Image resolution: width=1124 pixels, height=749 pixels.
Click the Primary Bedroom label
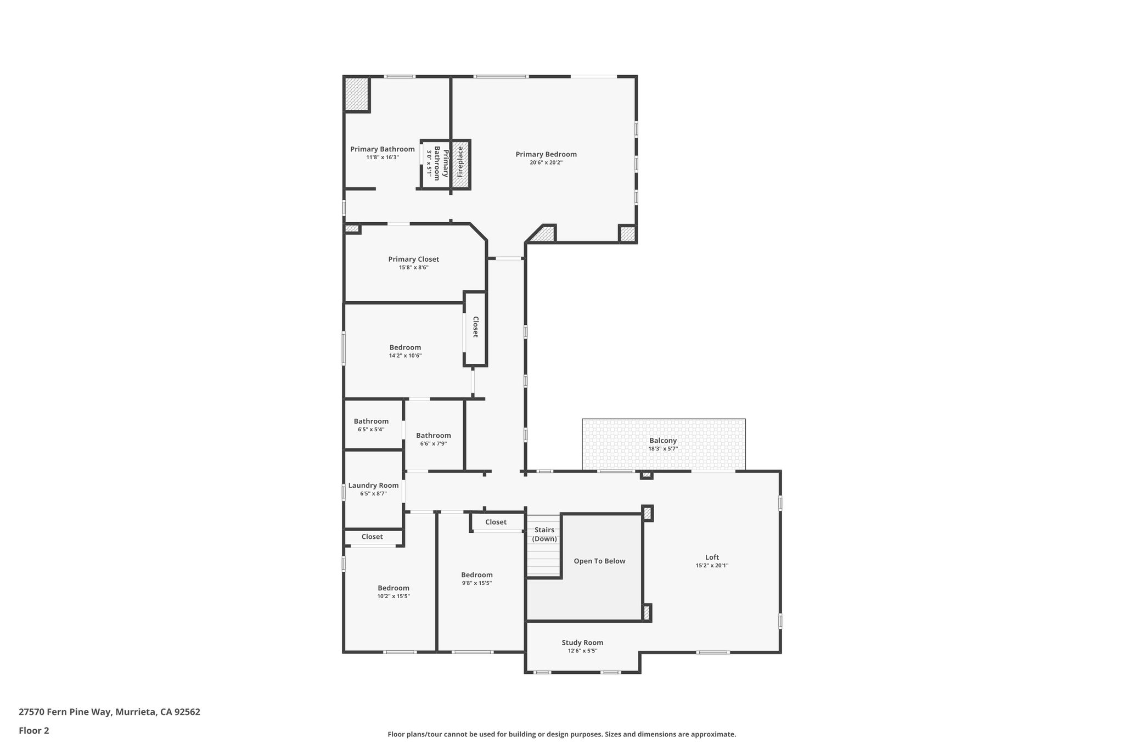(x=546, y=154)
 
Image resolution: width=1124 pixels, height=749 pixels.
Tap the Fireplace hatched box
(x=460, y=165)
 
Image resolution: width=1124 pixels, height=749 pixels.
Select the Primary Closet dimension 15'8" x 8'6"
(x=413, y=268)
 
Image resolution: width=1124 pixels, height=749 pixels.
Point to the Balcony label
(x=662, y=440)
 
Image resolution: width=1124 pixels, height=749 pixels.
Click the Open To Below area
(x=599, y=561)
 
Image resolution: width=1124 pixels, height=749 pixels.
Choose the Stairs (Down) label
(x=544, y=534)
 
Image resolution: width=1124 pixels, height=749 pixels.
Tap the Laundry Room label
(x=373, y=485)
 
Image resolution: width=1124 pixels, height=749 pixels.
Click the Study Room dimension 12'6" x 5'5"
(x=582, y=651)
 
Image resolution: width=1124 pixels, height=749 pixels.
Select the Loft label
(x=712, y=557)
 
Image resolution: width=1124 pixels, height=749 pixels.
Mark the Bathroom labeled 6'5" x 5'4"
(x=371, y=421)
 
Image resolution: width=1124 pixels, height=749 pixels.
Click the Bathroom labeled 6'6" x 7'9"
(x=433, y=435)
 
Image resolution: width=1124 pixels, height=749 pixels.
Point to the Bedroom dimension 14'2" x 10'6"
(x=405, y=356)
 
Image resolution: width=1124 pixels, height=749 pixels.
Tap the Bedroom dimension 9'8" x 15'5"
(x=476, y=583)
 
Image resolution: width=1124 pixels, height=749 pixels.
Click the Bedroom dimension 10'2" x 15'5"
(x=394, y=596)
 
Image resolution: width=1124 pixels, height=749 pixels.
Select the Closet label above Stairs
(x=496, y=522)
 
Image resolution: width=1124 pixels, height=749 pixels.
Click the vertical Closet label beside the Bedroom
(x=475, y=327)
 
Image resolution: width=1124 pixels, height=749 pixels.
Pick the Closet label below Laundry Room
(x=372, y=537)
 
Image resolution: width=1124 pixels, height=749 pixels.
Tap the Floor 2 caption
(x=34, y=730)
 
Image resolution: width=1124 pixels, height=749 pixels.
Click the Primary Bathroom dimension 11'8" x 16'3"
(x=383, y=157)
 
